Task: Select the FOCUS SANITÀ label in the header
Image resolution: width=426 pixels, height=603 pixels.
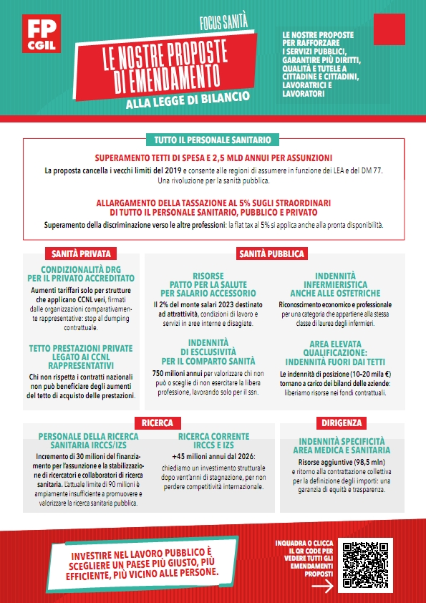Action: pyautogui.click(x=227, y=24)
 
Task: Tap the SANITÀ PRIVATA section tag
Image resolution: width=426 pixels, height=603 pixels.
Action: pyautogui.click(x=79, y=254)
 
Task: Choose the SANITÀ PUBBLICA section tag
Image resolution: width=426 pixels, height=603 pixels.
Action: pyautogui.click(x=271, y=254)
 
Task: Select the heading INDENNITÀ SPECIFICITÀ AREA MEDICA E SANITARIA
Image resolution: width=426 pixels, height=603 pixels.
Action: pyautogui.click(x=344, y=445)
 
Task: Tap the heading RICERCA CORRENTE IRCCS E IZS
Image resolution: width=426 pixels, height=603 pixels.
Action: pyautogui.click(x=214, y=440)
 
